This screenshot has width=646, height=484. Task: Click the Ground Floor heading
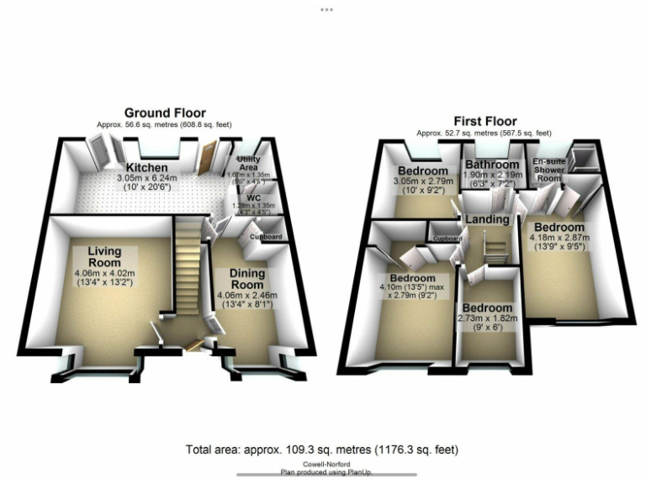tap(165, 113)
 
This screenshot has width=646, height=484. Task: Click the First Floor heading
tap(485, 121)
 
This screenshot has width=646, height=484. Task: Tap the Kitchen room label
tap(148, 167)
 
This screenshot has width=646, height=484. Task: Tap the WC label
tap(251, 198)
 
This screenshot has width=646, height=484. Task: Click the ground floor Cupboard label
tap(266, 237)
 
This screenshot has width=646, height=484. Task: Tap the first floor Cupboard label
tap(447, 239)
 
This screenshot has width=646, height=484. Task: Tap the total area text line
tap(322, 450)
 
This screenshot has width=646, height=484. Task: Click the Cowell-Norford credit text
tap(323, 464)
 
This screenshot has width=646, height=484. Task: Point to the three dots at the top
tap(326, 9)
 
